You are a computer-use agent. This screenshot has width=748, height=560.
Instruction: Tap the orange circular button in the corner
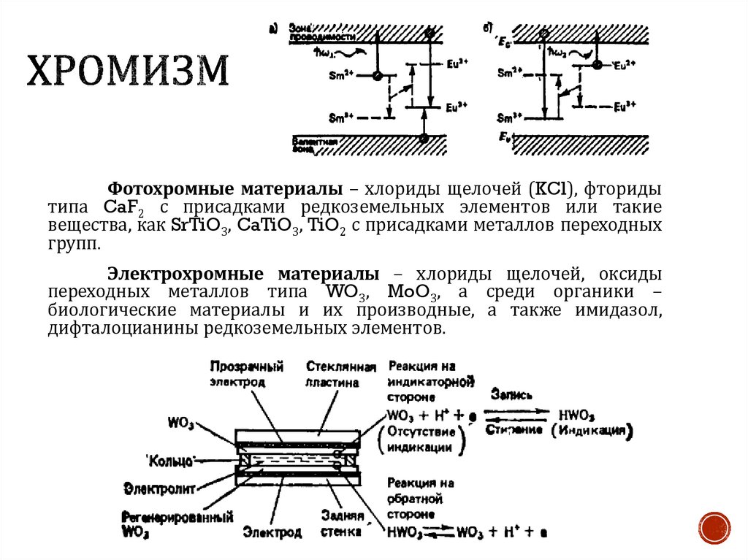(x=714, y=526)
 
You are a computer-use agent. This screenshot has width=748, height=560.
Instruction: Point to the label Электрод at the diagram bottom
(x=272, y=532)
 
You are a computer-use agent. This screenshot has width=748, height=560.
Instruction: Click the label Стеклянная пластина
(x=341, y=374)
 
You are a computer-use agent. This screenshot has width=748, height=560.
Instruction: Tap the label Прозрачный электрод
(x=246, y=373)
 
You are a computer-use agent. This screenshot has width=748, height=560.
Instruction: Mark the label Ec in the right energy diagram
(x=501, y=42)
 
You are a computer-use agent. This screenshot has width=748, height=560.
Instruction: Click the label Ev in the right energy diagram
(x=503, y=137)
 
